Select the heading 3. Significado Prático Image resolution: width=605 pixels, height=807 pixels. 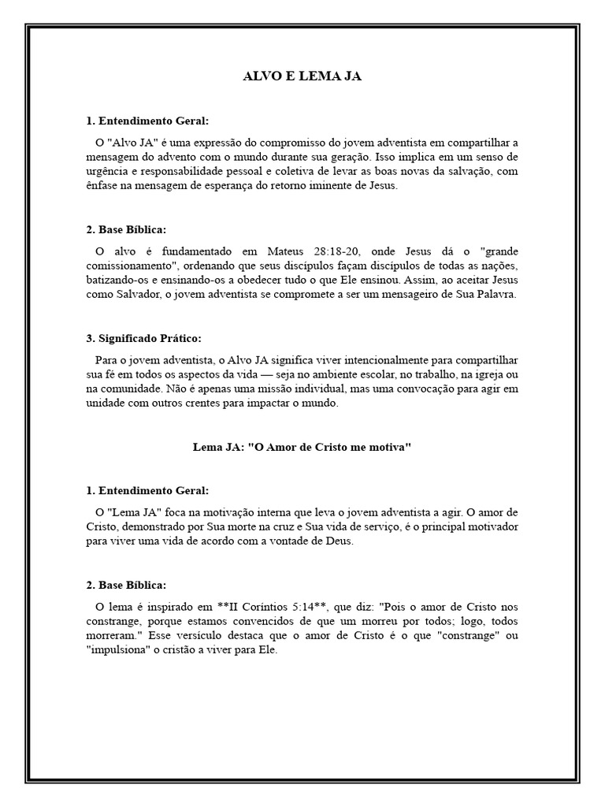143,338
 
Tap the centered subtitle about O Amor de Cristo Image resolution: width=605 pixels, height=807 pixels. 302,447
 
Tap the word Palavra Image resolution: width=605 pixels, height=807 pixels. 495,294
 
